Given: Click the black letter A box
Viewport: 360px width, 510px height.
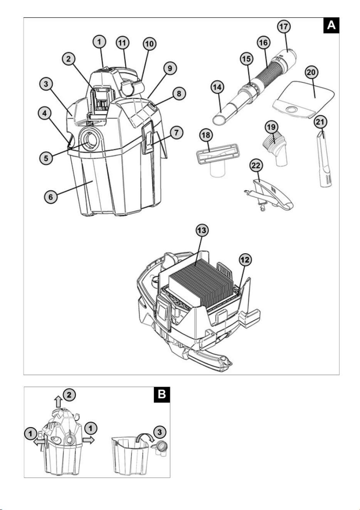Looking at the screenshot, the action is tap(331, 25).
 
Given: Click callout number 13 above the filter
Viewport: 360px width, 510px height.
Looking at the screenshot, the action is tap(202, 231).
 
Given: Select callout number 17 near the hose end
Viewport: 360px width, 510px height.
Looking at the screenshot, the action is tap(284, 27).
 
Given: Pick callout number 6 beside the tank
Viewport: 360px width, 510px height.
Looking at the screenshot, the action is tap(50, 197).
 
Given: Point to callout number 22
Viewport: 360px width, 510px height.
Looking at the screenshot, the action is tap(256, 165).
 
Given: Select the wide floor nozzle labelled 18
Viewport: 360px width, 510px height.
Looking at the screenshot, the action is tap(217, 157).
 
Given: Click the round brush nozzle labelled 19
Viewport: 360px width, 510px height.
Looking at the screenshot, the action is tap(275, 149).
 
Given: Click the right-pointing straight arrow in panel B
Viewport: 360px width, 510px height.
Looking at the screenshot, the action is tap(88, 440).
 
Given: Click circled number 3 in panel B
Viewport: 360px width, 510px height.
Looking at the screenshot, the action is tap(160, 432).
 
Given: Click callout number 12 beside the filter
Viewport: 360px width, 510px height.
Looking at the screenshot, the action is tap(245, 260).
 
